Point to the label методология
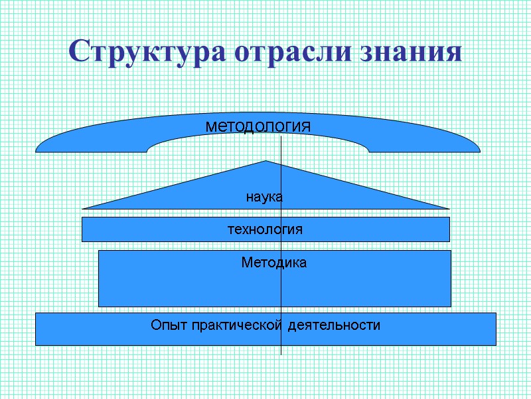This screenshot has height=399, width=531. pyautogui.click(x=258, y=125)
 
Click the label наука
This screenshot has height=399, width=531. pyautogui.click(x=264, y=197)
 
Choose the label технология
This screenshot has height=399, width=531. pyautogui.click(x=265, y=229)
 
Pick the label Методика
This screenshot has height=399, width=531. pyautogui.click(x=273, y=263)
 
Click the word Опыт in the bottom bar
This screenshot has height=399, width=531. pyautogui.click(x=169, y=326)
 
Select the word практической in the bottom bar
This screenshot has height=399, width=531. pyautogui.click(x=238, y=326)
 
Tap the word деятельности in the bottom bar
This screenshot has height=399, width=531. pyautogui.click(x=335, y=326)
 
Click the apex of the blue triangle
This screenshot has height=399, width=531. pyautogui.click(x=265, y=161)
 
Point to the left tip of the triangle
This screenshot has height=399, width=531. pyautogui.click(x=84, y=208)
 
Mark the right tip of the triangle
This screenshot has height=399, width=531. pyautogui.click(x=449, y=208)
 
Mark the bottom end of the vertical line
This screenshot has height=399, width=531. pyautogui.click(x=281, y=354)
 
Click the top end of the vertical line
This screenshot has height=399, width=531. pyautogui.click(x=281, y=137)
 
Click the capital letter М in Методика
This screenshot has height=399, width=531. pyautogui.click(x=246, y=263)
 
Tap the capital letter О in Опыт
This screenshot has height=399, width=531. pyautogui.click(x=156, y=325)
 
